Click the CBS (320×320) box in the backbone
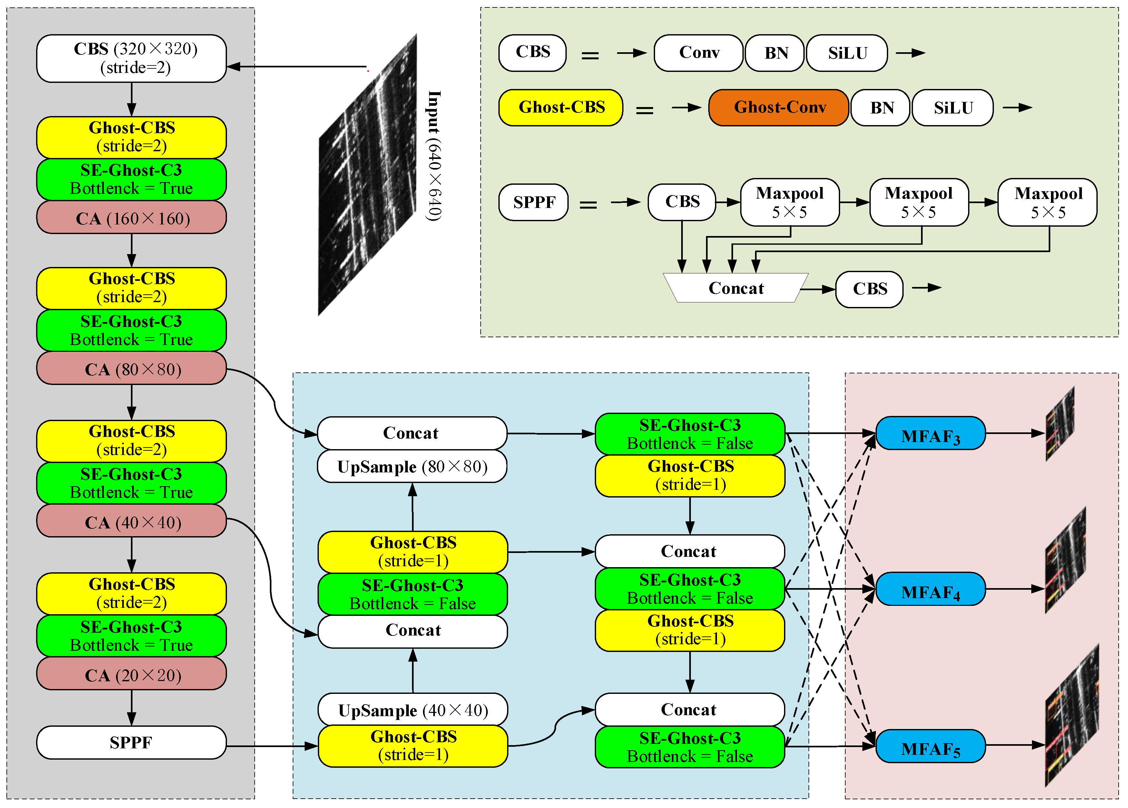pyautogui.click(x=131, y=58)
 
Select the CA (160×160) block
pyautogui.click(x=131, y=218)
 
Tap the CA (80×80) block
pyautogui.click(x=131, y=369)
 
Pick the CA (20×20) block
pyautogui.click(x=131, y=675)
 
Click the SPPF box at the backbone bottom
pyautogui.click(x=131, y=742)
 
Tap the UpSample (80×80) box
pyautogui.click(x=412, y=467)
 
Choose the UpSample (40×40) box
pyautogui.click(x=413, y=710)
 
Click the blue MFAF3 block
pyautogui.click(x=930, y=434)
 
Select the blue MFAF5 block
pyautogui.click(x=930, y=746)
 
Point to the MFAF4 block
pyautogui.click(x=930, y=590)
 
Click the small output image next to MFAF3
pyautogui.click(x=1060, y=424)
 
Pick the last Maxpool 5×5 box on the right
pyautogui.click(x=1047, y=202)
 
